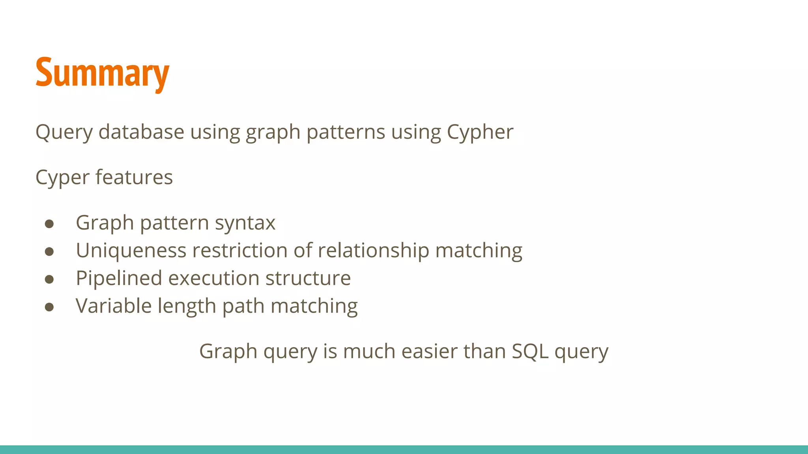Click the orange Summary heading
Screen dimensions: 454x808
(102, 73)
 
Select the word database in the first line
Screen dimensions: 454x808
(141, 132)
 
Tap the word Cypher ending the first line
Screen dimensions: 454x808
(480, 132)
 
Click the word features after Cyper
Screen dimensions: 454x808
(134, 177)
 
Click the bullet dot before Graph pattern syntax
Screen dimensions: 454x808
(49, 224)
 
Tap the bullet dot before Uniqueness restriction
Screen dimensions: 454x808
(49, 251)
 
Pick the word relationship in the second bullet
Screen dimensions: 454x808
(373, 251)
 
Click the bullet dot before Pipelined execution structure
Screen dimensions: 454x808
(49, 279)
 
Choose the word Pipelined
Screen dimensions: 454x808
(119, 279)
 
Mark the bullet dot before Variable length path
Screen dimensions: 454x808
(49, 307)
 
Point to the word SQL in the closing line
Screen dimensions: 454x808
(530, 352)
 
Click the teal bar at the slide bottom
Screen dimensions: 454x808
(404, 449)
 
